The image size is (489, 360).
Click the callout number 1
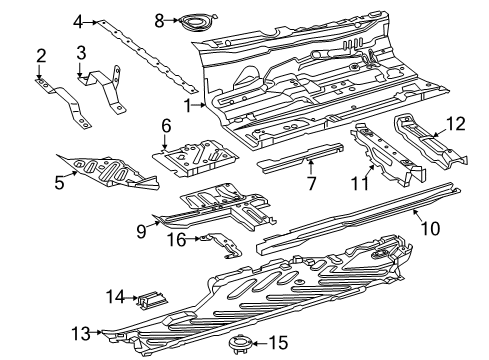point(188,106)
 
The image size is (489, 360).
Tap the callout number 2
point(41,56)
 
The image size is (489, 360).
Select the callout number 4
point(78,22)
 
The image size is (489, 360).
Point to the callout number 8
point(159,21)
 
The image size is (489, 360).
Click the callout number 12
point(455,124)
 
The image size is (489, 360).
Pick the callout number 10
point(430,229)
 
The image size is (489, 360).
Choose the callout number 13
point(81,333)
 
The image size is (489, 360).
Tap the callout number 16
point(176,239)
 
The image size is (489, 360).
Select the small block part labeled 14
point(152,299)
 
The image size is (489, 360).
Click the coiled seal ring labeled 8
point(197,22)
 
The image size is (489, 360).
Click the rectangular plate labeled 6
point(195,158)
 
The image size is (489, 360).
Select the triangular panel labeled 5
point(108,171)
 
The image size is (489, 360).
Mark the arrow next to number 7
point(310,167)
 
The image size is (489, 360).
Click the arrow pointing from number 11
point(369,172)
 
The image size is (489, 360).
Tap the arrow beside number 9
point(153,224)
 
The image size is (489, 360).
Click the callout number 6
point(166,126)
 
